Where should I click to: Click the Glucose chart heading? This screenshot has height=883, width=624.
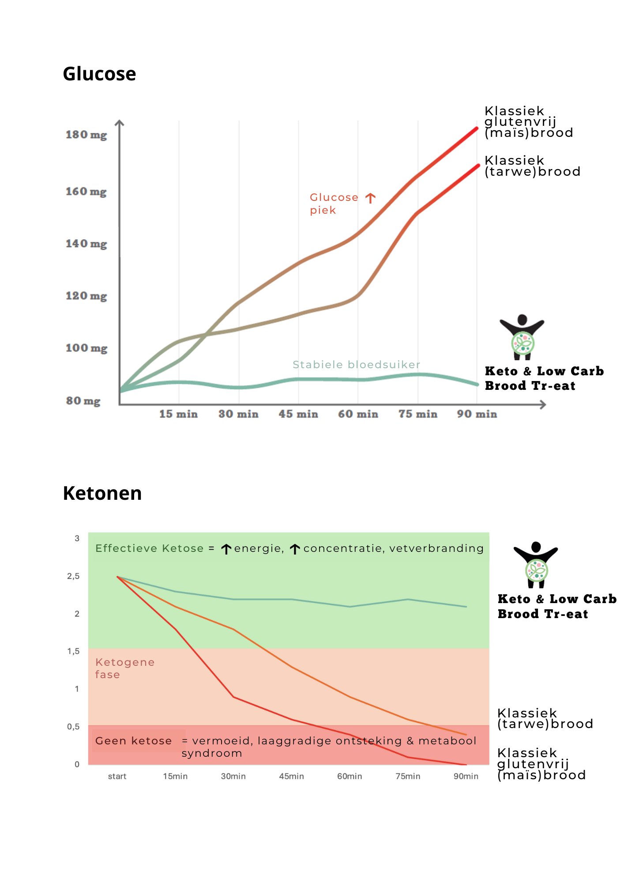pyautogui.click(x=99, y=74)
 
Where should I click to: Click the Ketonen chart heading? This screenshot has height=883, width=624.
pyautogui.click(x=102, y=493)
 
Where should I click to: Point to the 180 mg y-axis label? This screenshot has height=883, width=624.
pyautogui.click(x=86, y=135)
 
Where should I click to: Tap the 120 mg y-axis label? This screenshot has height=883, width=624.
pyautogui.click(x=86, y=296)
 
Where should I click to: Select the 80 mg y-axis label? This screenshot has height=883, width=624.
pyautogui.click(x=83, y=401)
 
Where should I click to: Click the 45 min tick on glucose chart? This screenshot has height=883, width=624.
pyautogui.click(x=298, y=414)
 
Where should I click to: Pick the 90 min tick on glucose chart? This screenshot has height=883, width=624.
pyautogui.click(x=477, y=414)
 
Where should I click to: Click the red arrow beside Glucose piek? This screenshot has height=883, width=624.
pyautogui.click(x=371, y=198)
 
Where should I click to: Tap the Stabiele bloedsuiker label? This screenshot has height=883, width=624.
pyautogui.click(x=356, y=365)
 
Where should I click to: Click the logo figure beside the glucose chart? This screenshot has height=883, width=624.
pyautogui.click(x=522, y=336)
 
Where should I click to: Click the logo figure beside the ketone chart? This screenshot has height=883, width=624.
pyautogui.click(x=536, y=564)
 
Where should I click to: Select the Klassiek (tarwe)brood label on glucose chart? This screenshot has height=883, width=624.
pyautogui.click(x=532, y=166)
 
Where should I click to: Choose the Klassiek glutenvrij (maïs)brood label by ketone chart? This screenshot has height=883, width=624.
pyautogui.click(x=541, y=764)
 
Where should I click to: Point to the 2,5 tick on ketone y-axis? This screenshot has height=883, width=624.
pyautogui.click(x=74, y=576)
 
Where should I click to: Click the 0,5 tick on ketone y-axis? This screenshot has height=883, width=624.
pyautogui.click(x=74, y=727)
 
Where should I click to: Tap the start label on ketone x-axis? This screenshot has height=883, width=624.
pyautogui.click(x=117, y=776)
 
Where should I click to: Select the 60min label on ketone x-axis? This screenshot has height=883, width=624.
pyautogui.click(x=350, y=776)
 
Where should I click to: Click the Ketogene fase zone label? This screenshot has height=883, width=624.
pyautogui.click(x=125, y=668)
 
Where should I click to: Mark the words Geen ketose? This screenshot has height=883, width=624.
pyautogui.click(x=133, y=741)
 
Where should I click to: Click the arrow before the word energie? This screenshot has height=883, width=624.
pyautogui.click(x=226, y=549)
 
